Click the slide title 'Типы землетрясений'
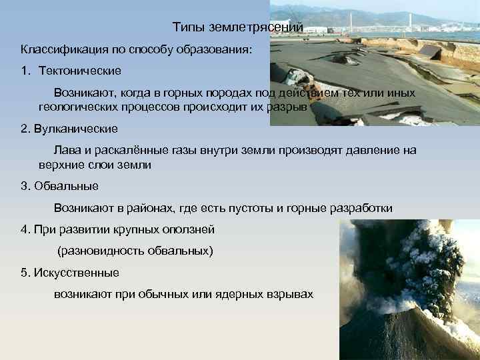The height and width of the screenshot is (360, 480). point(238,27)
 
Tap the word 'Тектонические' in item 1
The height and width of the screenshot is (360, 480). point(80,70)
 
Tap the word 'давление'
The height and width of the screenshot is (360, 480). point(375,150)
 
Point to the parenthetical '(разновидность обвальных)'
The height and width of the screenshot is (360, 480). point(135,251)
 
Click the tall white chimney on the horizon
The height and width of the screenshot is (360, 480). point(409,21)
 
